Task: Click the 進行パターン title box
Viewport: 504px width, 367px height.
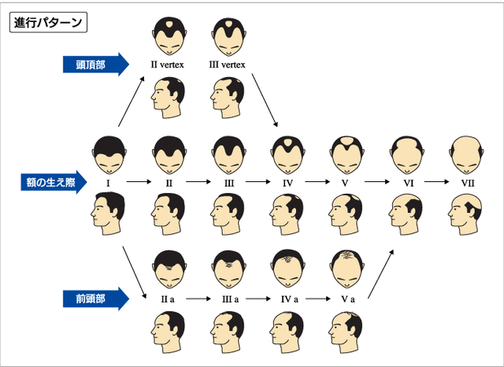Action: click(x=49, y=22)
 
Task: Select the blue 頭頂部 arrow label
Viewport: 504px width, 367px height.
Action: click(x=96, y=65)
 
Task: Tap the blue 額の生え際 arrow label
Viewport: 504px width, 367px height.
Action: click(x=54, y=182)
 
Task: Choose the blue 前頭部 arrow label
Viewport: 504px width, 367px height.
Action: click(x=96, y=298)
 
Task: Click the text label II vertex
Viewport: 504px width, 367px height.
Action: click(x=168, y=65)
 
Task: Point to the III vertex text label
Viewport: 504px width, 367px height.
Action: click(x=228, y=65)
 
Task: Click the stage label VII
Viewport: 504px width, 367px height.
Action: click(x=468, y=183)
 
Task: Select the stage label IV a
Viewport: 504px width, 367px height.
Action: click(x=290, y=299)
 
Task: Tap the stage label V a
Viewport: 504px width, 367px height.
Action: click(x=348, y=299)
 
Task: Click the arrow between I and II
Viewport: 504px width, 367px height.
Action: click(x=139, y=182)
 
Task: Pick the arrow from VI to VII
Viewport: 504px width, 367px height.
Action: click(x=436, y=182)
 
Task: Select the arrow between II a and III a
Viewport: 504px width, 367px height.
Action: click(x=198, y=298)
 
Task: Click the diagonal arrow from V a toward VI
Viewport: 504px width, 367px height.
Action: click(x=380, y=274)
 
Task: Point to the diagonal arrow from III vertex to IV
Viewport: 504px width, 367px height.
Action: click(x=265, y=100)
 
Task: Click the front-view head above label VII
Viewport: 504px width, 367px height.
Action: click(x=466, y=155)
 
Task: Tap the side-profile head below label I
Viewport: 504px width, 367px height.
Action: click(x=108, y=213)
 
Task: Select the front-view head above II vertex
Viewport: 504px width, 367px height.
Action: click(x=169, y=36)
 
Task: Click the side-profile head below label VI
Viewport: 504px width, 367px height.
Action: click(x=406, y=214)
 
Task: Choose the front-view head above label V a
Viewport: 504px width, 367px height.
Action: click(x=347, y=269)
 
